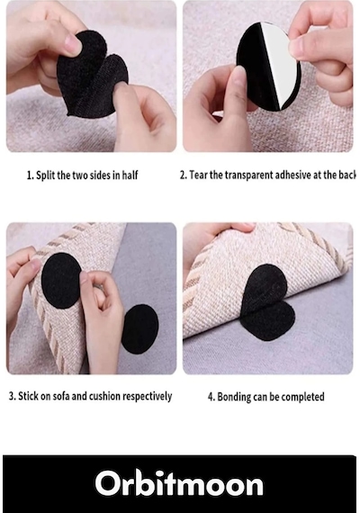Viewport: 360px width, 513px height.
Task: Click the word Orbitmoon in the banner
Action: [179, 483]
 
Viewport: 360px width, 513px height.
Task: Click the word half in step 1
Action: [130, 175]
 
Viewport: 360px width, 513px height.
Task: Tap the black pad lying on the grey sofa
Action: [140, 328]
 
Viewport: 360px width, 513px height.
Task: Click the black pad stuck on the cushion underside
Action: [61, 281]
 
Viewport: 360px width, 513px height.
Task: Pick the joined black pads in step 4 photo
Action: [266, 302]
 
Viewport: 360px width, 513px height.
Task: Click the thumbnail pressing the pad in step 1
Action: [73, 44]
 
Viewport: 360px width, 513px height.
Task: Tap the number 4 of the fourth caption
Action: [211, 397]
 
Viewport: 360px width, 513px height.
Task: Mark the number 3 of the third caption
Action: [12, 396]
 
